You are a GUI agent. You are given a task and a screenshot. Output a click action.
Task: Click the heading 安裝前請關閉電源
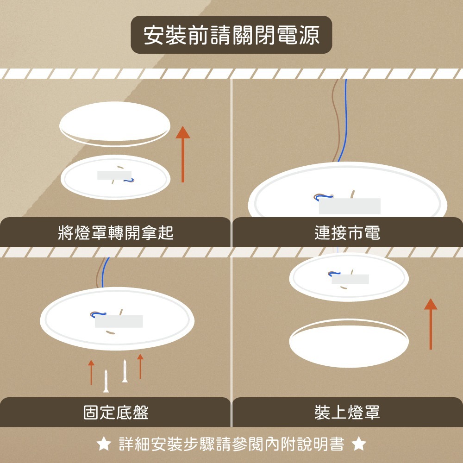pos(231,35)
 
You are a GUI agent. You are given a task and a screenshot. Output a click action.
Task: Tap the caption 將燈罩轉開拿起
pos(116,232)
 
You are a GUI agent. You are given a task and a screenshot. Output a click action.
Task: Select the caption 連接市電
pos(347,232)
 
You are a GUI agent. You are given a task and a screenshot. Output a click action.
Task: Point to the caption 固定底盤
pos(116,412)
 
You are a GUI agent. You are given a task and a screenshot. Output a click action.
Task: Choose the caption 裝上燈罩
pos(347,412)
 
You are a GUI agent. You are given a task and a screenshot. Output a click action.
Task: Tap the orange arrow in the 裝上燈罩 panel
pos(431,324)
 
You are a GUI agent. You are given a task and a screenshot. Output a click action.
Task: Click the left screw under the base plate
pos(106,381)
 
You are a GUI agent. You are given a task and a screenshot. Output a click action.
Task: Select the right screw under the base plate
pos(125,371)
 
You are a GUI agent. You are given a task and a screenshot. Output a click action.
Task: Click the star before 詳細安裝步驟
pos(104,444)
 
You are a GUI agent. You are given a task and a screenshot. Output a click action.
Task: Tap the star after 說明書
pos(359,444)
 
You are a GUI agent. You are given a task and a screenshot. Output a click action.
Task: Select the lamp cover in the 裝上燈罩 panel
pos(349,344)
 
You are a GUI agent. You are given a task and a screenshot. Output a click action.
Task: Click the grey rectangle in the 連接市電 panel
pos(350,206)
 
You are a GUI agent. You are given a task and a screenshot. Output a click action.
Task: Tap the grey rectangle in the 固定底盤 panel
pos(119,321)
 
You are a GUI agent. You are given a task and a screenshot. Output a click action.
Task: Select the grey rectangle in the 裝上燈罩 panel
pos(350,279)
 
